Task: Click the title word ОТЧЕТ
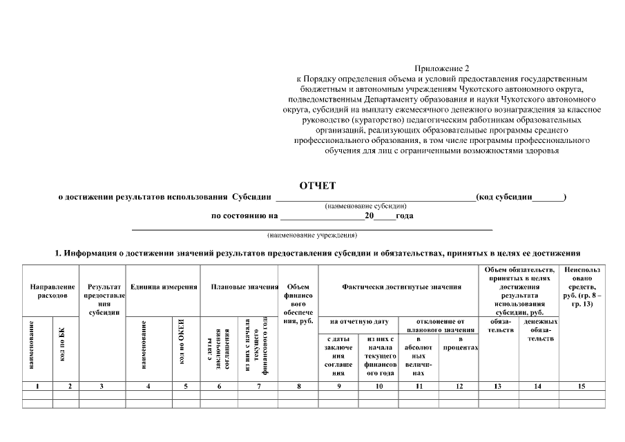click(317, 186)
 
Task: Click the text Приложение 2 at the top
click(441, 68)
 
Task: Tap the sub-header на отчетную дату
click(358, 321)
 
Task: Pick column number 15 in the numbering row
click(581, 386)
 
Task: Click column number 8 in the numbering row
click(298, 386)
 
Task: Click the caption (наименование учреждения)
click(312, 235)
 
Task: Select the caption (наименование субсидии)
click(365, 206)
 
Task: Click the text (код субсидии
click(504, 197)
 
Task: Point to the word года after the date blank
click(405, 215)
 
